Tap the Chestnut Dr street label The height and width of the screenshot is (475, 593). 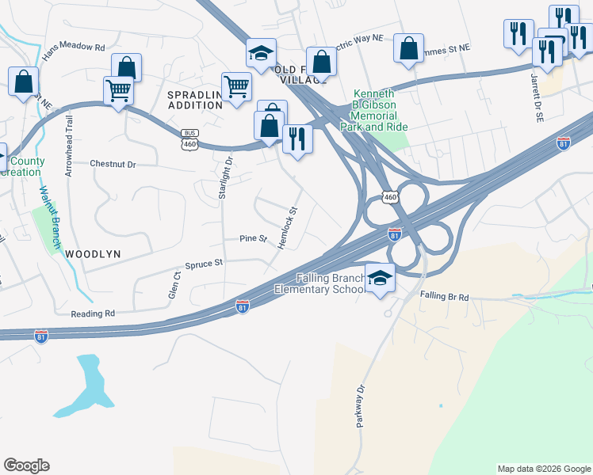[113, 165]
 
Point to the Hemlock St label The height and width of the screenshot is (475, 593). [287, 228]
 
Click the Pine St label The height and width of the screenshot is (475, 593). [254, 238]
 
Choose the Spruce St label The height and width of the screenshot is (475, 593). [205, 264]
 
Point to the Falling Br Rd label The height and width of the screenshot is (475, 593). [445, 296]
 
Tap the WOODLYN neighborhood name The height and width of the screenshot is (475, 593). [93, 253]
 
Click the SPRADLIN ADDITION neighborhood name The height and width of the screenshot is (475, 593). [195, 100]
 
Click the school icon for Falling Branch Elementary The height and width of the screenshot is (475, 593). [381, 279]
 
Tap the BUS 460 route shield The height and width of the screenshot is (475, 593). [189, 139]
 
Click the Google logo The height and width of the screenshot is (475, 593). [26, 465]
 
